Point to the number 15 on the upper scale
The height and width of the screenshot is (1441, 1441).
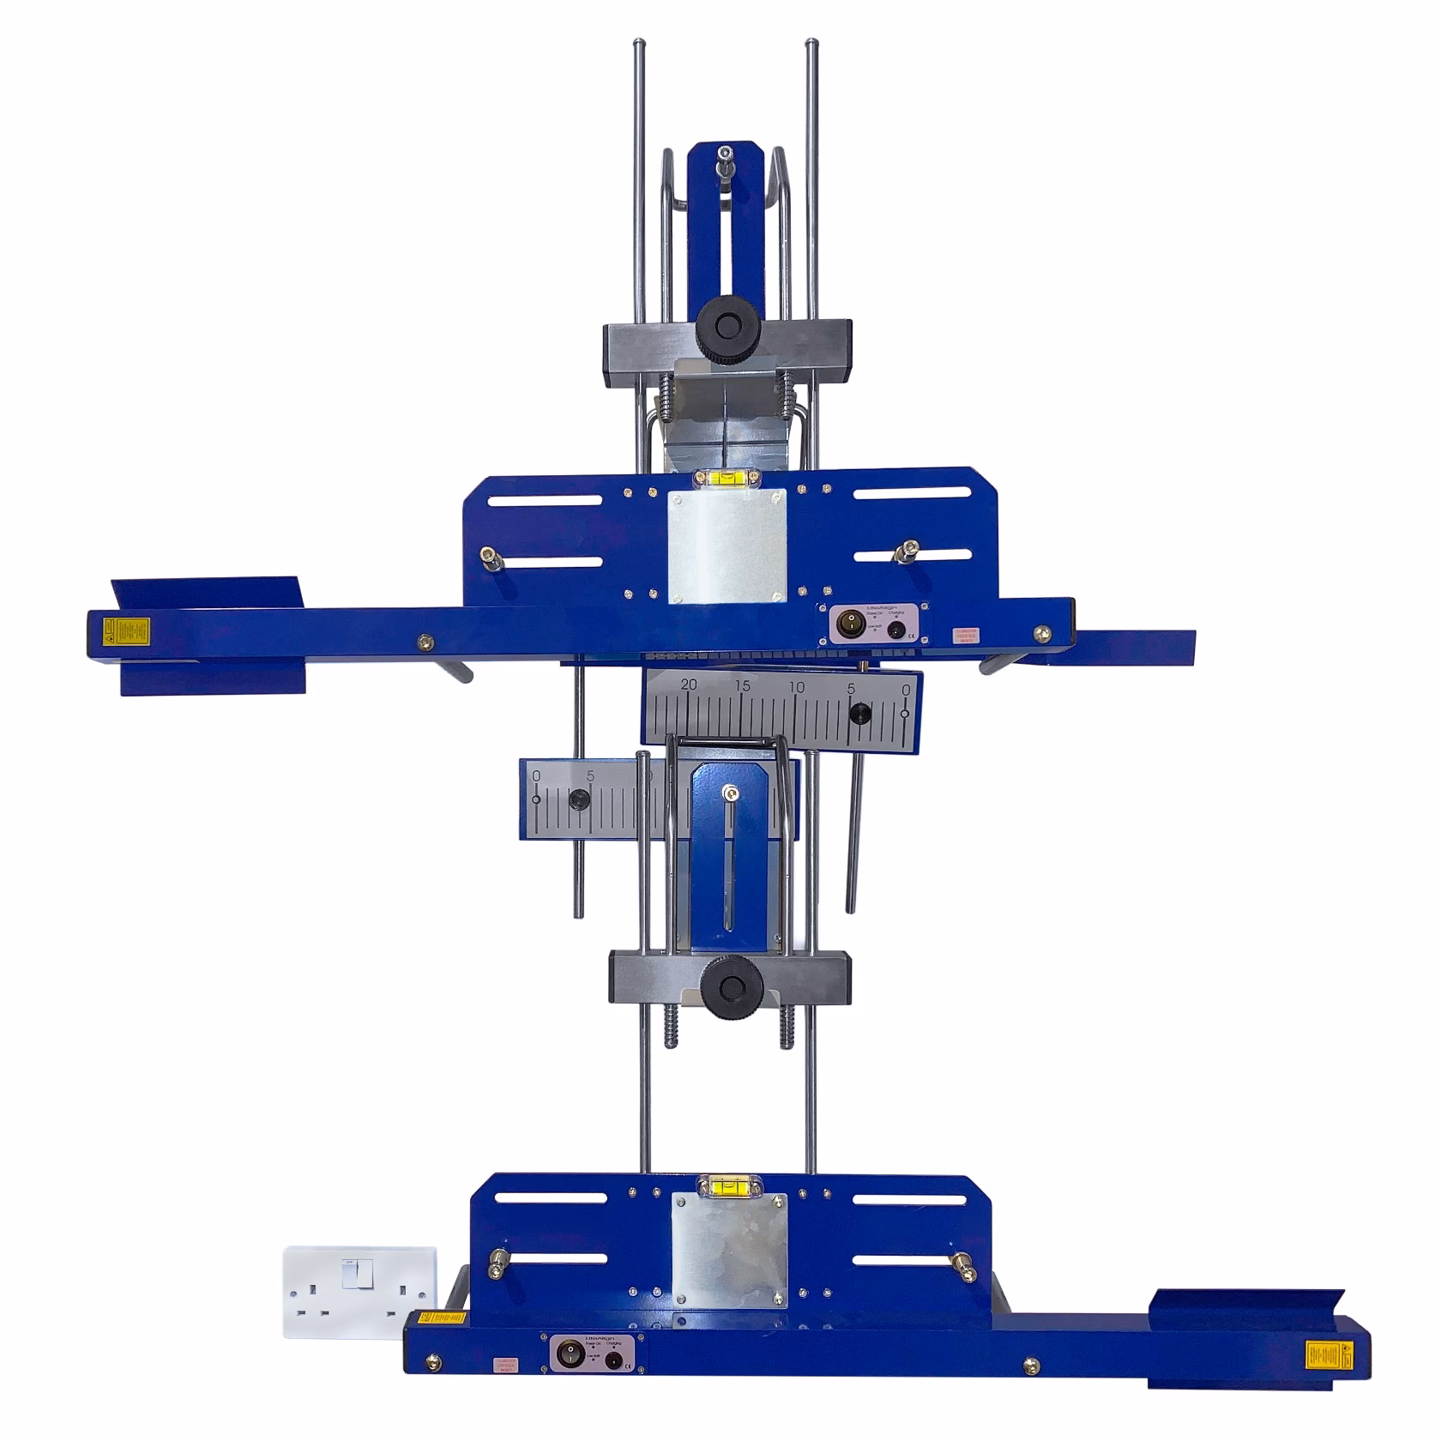tap(743, 686)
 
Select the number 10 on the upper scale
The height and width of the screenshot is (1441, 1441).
tap(798, 688)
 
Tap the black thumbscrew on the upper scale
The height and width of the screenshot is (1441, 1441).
tap(859, 713)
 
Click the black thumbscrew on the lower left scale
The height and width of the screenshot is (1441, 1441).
tap(579, 800)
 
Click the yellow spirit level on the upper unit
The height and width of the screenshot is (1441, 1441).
tap(727, 479)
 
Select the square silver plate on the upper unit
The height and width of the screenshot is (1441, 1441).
tap(727, 546)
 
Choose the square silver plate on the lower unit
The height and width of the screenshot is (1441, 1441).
tap(729, 1250)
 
